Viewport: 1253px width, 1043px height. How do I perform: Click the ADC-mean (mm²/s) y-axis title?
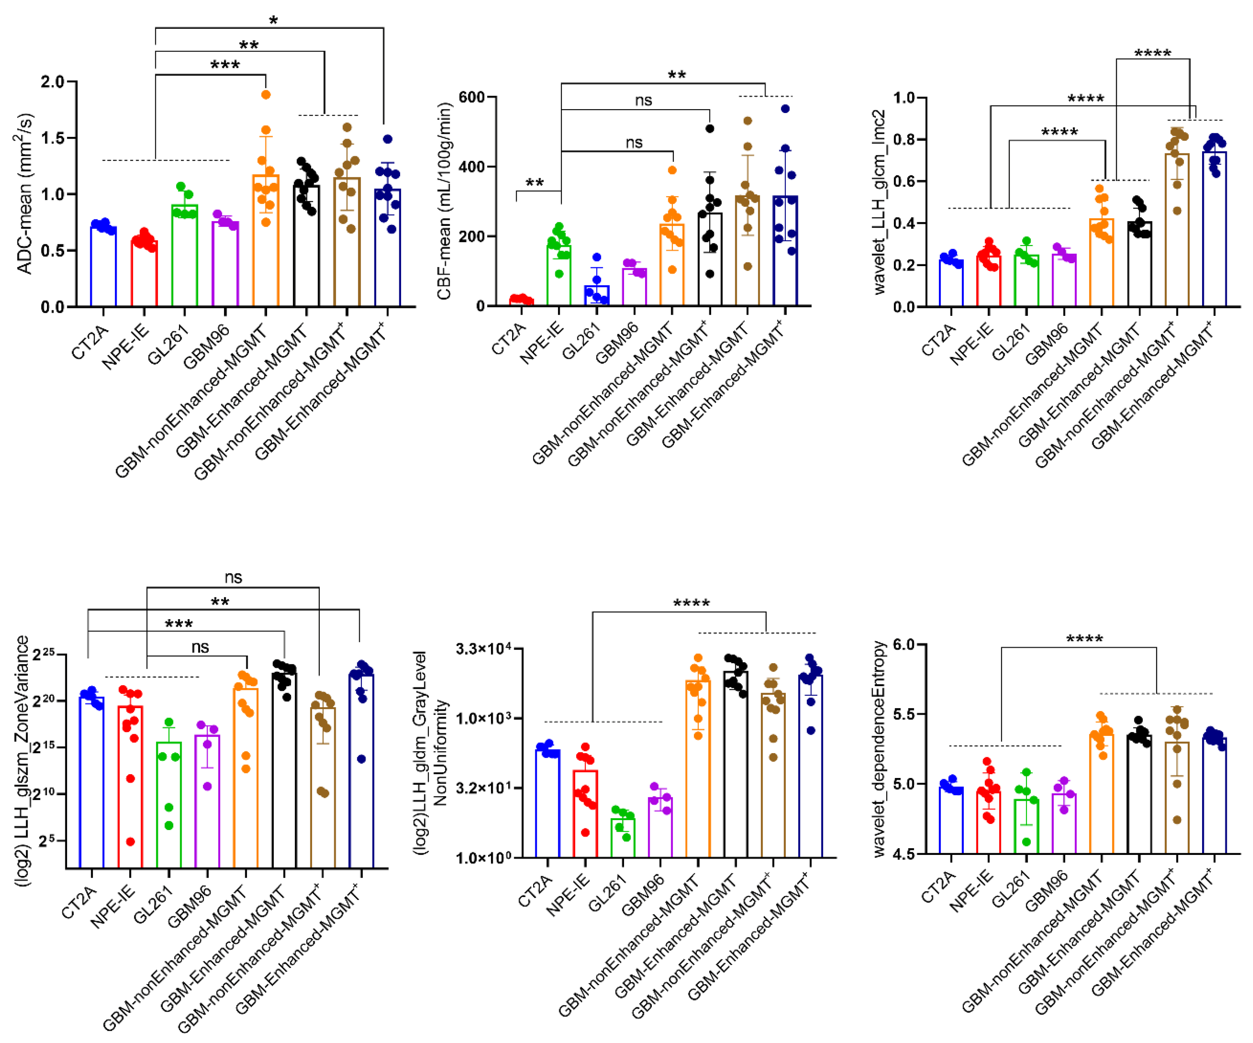click(x=24, y=194)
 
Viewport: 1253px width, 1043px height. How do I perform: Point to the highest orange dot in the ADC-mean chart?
click(x=266, y=94)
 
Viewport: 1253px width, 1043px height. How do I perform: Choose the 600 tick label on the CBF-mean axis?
click(x=471, y=97)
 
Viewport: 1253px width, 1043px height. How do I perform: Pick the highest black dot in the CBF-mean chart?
click(x=709, y=128)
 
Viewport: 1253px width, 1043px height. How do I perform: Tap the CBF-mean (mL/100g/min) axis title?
click(x=444, y=201)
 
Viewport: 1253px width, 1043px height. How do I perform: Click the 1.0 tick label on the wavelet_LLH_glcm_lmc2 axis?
click(x=905, y=97)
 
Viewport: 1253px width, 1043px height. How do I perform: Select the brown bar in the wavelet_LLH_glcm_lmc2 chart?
click(x=1176, y=230)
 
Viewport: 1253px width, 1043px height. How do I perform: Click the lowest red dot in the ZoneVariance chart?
click(x=130, y=842)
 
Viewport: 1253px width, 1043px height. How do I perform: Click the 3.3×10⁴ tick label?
click(x=484, y=649)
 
